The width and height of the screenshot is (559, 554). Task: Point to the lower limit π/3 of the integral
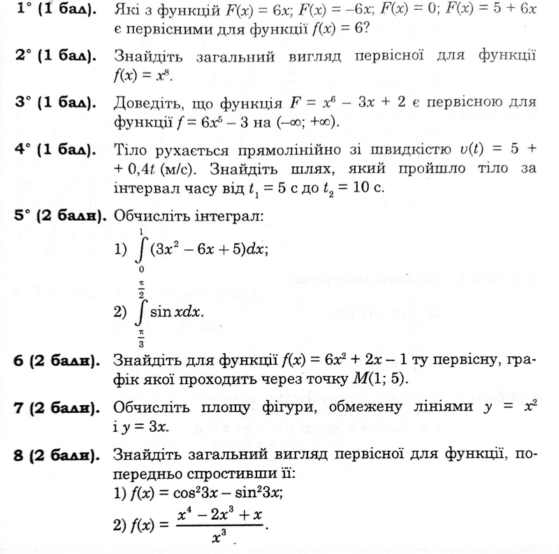coord(141,335)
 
